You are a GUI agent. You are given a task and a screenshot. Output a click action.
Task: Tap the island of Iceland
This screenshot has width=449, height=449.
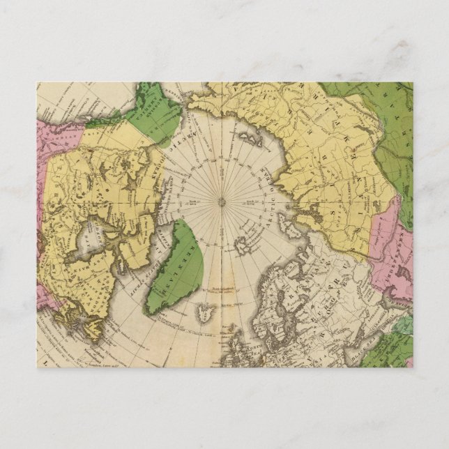click(x=205, y=310)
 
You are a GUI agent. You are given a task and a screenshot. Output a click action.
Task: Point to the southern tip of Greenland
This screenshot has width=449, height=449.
click(x=149, y=311)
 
